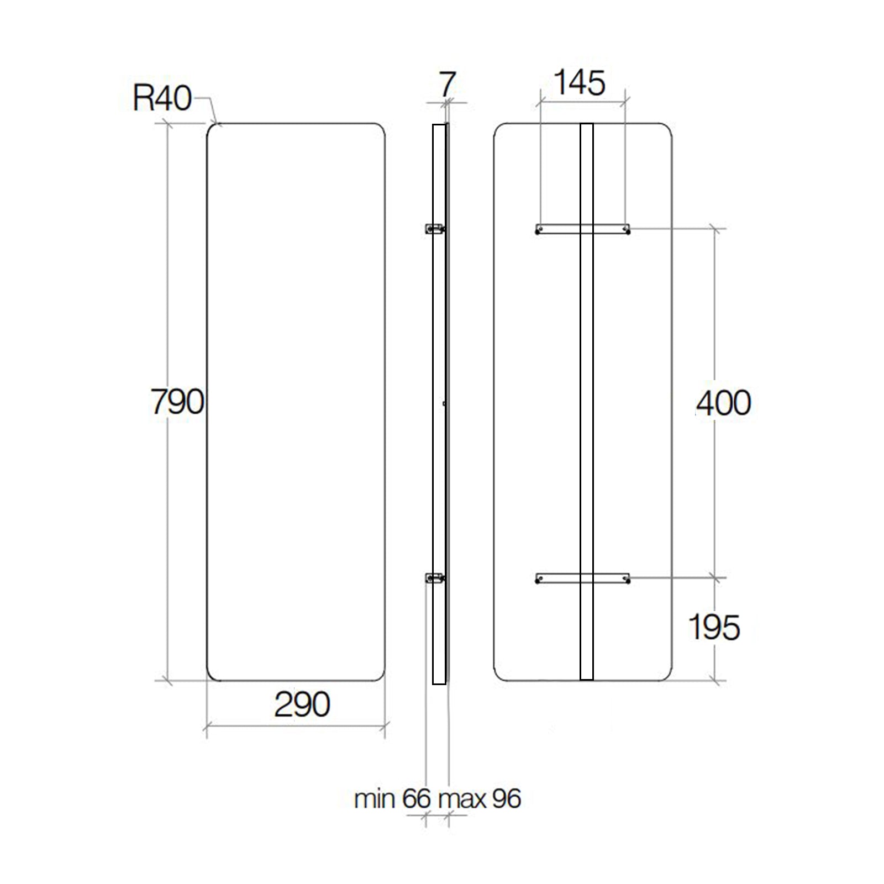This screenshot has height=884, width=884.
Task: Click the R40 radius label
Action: point(162,98)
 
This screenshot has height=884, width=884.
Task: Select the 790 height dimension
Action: point(177,402)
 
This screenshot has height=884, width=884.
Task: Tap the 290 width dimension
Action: point(302,704)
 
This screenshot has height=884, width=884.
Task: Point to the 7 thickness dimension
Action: point(446,85)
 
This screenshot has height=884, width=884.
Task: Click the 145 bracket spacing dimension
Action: point(580,83)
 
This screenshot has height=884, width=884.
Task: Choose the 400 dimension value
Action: point(723,403)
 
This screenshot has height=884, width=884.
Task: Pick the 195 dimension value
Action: point(714,627)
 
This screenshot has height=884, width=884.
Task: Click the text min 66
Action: point(392,799)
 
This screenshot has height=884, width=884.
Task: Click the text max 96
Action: point(479,799)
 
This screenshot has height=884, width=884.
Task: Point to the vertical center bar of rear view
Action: point(586,402)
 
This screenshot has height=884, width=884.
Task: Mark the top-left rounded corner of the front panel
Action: point(212,129)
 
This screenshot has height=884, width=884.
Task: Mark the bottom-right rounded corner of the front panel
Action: point(380,675)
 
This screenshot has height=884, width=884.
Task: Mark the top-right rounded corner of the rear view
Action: point(666,129)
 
